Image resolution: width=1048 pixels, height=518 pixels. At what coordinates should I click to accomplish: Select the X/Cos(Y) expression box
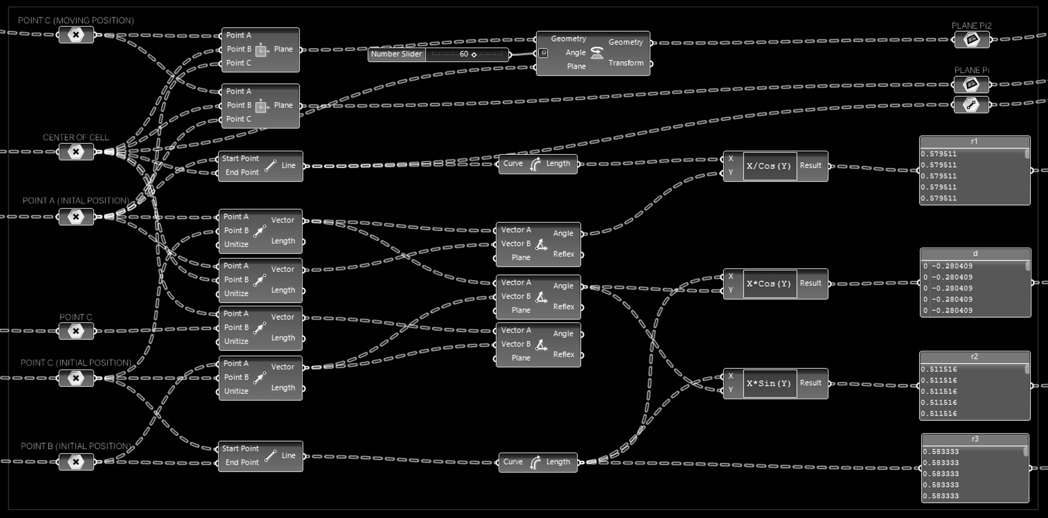pyautogui.click(x=770, y=166)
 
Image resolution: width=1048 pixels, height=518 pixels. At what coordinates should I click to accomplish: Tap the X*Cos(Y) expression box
pyautogui.click(x=770, y=284)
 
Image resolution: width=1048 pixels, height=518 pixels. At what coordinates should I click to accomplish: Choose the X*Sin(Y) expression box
pyautogui.click(x=770, y=383)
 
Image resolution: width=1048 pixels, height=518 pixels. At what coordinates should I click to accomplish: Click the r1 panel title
pyautogui.click(x=974, y=141)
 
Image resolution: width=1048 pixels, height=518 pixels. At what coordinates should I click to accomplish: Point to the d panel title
pyautogui.click(x=975, y=254)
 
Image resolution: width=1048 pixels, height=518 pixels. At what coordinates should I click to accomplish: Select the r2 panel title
pyautogui.click(x=974, y=357)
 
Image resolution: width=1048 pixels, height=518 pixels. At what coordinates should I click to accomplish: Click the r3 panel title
pyautogui.click(x=975, y=439)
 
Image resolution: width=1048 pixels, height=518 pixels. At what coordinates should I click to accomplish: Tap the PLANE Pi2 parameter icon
pyautogui.click(x=972, y=40)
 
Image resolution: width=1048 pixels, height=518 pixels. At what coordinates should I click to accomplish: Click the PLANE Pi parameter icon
pyautogui.click(x=971, y=85)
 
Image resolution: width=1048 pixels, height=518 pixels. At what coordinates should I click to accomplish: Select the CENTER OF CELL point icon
pyautogui.click(x=76, y=152)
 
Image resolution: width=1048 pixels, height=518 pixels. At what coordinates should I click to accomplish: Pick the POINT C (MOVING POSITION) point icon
pyautogui.click(x=76, y=35)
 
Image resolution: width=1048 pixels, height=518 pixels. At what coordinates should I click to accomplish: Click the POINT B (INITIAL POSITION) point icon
pyautogui.click(x=76, y=462)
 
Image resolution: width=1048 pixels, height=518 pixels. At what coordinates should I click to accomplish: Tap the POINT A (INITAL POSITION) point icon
pyautogui.click(x=76, y=217)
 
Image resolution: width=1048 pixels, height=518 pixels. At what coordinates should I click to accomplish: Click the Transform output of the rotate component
pyautogui.click(x=626, y=63)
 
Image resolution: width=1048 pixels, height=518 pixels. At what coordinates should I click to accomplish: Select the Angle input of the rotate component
pyautogui.click(x=575, y=53)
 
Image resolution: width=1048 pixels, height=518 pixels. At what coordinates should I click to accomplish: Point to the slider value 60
pyautogui.click(x=464, y=54)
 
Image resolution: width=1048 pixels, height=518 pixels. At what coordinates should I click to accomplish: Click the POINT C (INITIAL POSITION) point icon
pyautogui.click(x=76, y=378)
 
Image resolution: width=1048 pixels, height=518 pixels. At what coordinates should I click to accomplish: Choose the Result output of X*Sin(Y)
pyautogui.click(x=810, y=383)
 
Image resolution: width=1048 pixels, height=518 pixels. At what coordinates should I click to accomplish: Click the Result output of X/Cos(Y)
pyautogui.click(x=810, y=166)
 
